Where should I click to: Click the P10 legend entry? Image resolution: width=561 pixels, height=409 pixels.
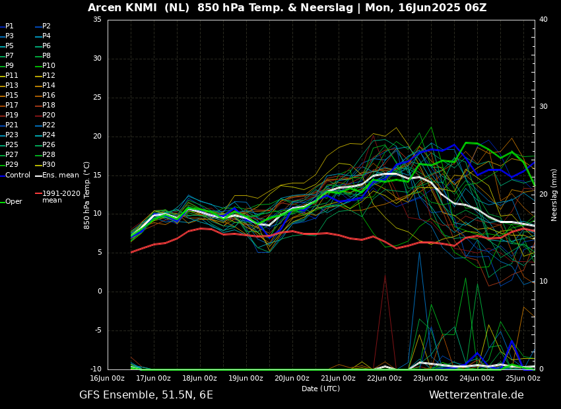point(48,66)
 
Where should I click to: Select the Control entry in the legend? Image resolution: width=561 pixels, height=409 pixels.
point(18,175)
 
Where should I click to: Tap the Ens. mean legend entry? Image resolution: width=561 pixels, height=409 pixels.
point(60,175)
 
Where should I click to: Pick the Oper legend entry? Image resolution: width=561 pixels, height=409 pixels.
point(13,202)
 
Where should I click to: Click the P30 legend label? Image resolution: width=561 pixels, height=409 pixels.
point(48,165)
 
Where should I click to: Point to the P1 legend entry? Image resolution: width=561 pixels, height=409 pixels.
point(9,26)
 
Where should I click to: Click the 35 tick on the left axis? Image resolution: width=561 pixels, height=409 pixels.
point(97,20)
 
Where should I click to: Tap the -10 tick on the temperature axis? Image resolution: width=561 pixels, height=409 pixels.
point(95,369)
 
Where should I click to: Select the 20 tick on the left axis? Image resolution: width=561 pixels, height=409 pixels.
point(97,137)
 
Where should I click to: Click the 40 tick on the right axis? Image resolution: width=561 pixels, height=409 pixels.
point(543,20)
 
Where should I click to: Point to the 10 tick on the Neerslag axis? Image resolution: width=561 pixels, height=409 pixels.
point(543,282)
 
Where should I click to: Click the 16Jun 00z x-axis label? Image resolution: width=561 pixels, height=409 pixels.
point(108,379)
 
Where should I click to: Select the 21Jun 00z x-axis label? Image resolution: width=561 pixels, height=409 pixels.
point(338,379)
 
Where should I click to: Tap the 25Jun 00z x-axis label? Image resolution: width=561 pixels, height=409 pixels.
point(523,379)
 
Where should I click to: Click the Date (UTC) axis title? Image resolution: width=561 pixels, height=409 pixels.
point(321,389)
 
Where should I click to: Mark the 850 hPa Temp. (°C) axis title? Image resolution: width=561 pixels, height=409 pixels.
point(86,195)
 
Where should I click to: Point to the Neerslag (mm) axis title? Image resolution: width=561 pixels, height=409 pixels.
point(554,195)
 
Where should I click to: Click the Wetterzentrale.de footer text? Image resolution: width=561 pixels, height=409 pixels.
point(476,395)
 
